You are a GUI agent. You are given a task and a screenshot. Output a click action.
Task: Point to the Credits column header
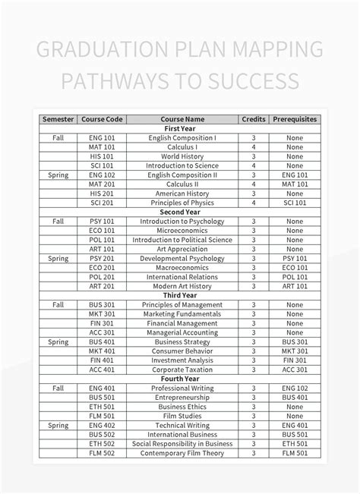coord(253,119)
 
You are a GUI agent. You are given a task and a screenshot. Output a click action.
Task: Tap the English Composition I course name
coord(182,138)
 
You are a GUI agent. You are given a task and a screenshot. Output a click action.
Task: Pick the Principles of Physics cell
coord(182,203)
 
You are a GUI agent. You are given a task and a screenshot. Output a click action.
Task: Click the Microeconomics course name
coord(182,230)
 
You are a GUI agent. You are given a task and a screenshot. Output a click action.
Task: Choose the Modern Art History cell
coord(182,285)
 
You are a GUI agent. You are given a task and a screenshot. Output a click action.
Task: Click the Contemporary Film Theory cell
coord(182,453)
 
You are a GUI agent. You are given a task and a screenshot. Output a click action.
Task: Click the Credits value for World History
coord(253,156)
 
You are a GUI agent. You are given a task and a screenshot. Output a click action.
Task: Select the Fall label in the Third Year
coord(58,304)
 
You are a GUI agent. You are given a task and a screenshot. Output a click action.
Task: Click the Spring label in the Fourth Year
coord(58,425)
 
